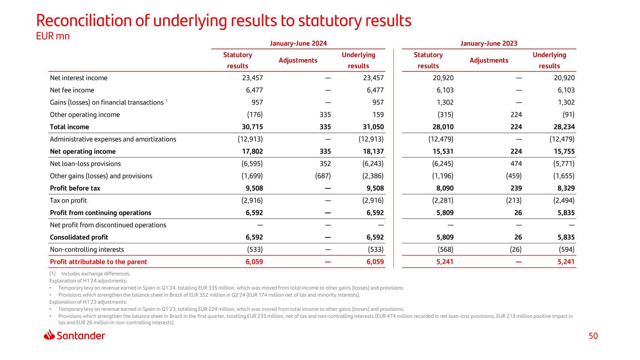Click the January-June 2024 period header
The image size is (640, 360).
[298, 43]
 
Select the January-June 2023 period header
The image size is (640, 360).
[489, 43]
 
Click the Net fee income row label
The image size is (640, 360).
[72, 90]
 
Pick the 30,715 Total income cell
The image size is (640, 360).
[251, 127]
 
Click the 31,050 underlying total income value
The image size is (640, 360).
[372, 127]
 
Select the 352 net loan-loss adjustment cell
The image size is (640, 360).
[324, 164]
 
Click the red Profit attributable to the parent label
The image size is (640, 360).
[98, 262]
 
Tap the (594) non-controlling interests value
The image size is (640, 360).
[565, 249]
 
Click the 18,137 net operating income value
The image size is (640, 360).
[372, 151]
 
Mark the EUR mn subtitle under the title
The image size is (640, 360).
[53, 36]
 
